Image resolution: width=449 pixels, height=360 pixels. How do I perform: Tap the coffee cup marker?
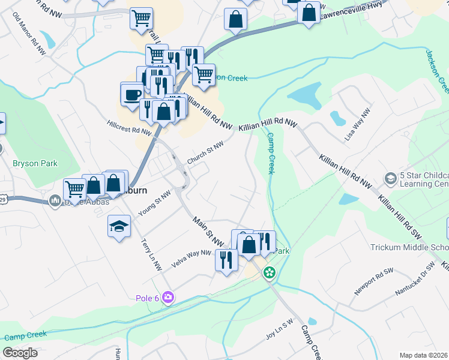pyautogui.click(x=132, y=94)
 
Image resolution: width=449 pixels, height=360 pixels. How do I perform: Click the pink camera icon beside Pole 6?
pyautogui.click(x=168, y=297)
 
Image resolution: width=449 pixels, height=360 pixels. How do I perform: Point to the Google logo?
pyautogui.click(x=20, y=353)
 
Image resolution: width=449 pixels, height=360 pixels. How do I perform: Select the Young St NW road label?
pyautogui.click(x=154, y=203)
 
